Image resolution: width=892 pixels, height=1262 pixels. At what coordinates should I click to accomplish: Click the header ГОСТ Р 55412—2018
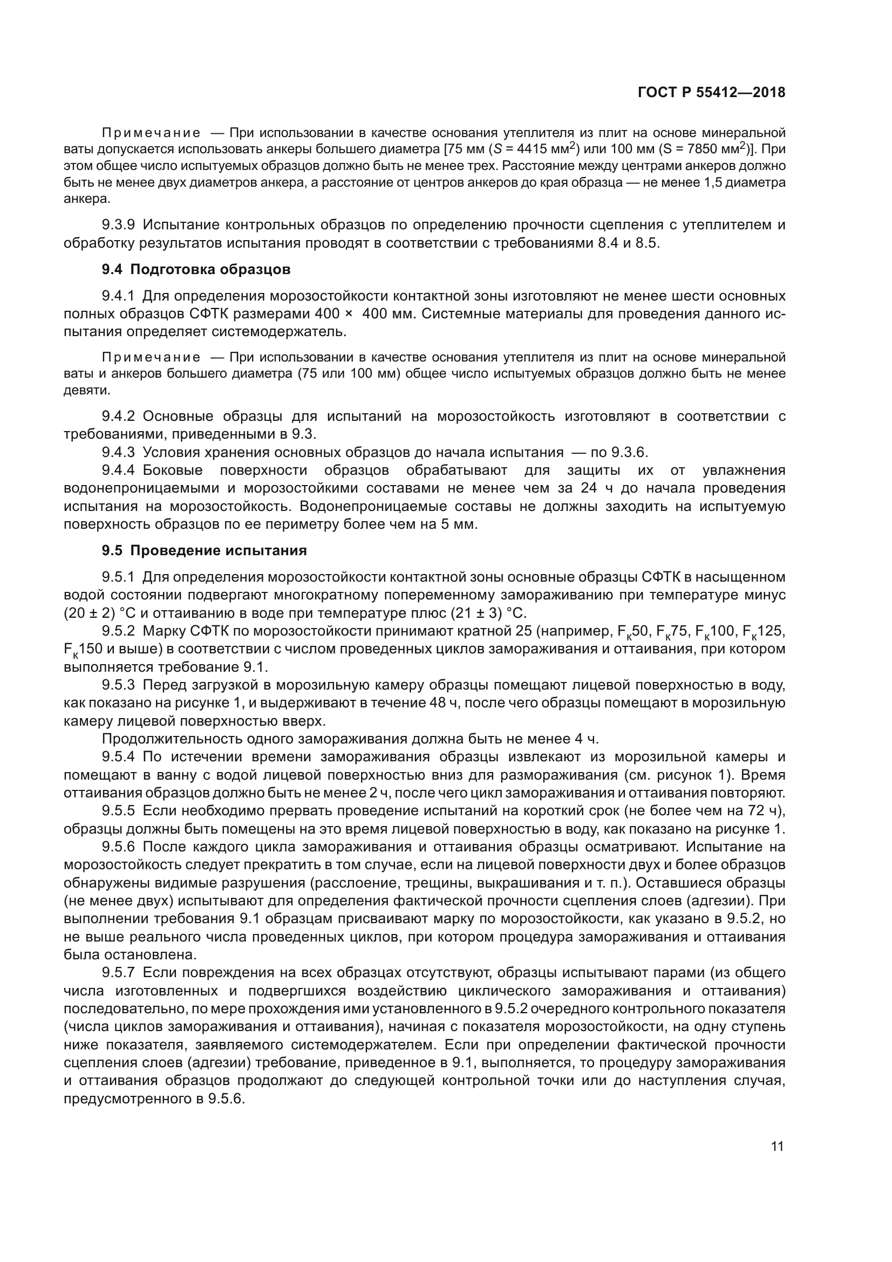tap(711, 93)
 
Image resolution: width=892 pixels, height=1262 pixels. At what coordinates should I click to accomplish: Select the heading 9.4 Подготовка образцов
tap(196, 270)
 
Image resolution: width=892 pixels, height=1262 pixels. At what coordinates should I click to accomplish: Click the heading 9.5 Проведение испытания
tap(204, 550)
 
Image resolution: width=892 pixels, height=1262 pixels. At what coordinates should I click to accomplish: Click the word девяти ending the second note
tap(86, 390)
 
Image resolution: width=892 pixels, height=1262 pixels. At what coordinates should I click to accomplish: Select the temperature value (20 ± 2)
tap(88, 613)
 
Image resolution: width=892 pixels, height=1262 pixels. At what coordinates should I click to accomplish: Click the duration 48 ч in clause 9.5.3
tap(444, 703)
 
